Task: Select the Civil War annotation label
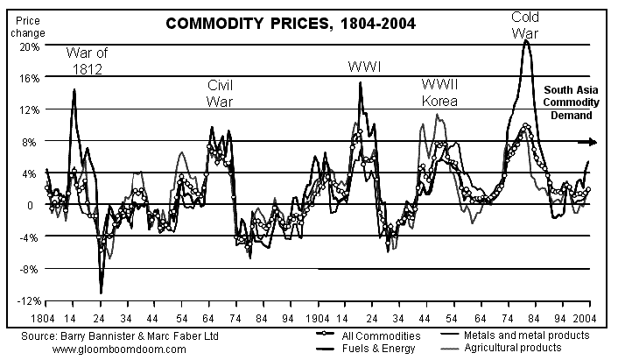click(221, 93)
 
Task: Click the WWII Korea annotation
click(442, 93)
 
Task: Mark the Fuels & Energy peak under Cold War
click(525, 40)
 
